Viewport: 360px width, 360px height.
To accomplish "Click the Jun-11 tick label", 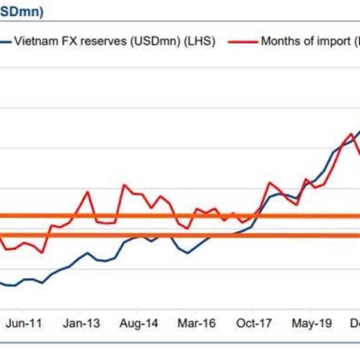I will click(x=24, y=323).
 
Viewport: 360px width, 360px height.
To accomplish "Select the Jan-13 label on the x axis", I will click(x=82, y=323).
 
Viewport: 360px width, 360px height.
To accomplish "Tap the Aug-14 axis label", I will click(x=139, y=323).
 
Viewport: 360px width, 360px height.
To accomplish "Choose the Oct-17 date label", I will click(x=254, y=323).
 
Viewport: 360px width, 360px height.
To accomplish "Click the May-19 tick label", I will click(x=311, y=323).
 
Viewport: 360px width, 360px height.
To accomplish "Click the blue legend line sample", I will click(x=5, y=43).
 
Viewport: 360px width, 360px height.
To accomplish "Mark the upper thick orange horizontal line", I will click(x=180, y=216).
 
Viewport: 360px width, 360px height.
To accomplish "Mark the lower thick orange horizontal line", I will click(x=180, y=235).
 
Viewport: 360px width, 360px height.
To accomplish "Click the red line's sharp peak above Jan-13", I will click(x=88, y=192).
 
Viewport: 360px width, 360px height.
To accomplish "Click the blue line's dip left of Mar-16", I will click(x=187, y=253).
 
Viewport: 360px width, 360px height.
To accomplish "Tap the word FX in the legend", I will click(x=60, y=43).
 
